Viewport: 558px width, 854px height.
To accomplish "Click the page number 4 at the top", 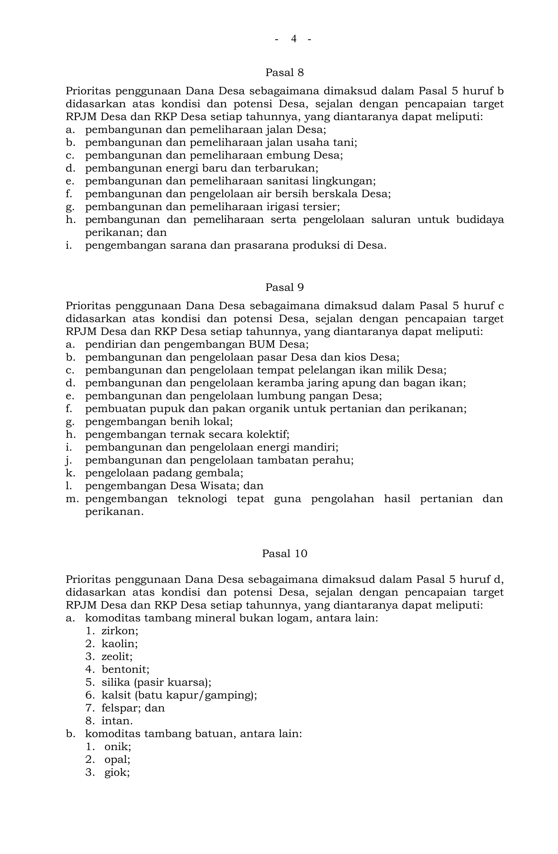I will (293, 39).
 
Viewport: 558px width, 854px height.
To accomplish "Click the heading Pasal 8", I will (284, 73).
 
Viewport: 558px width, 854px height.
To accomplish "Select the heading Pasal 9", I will (284, 287).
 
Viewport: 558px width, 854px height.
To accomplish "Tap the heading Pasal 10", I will (284, 554).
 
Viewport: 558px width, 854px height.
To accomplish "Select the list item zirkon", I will (119, 631).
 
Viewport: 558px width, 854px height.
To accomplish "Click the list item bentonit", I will (125, 670).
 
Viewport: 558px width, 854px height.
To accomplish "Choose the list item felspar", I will (122, 708).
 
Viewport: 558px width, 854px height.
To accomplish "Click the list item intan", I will (117, 721).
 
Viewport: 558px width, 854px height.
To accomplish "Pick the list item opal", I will (117, 760).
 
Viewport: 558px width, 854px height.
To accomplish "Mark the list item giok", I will (116, 772).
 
